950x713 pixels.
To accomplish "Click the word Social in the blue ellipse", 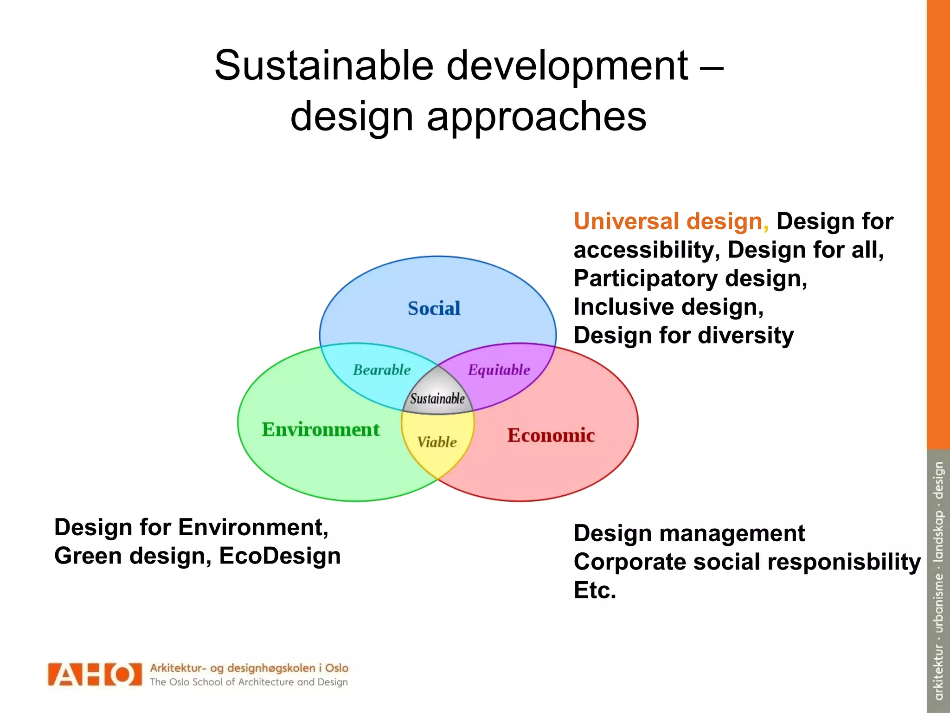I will click(434, 309).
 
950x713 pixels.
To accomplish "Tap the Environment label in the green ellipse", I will click(321, 429).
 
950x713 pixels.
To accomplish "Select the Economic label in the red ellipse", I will click(551, 435).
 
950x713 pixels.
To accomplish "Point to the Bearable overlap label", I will click(381, 370).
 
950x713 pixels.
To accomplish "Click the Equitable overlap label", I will click(499, 370).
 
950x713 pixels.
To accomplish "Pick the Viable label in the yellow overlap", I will click(436, 442).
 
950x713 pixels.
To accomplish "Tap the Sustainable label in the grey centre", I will click(437, 399).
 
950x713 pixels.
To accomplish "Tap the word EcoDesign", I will click(280, 556).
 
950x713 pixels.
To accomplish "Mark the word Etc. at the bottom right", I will click(595, 590).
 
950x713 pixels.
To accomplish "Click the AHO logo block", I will click(95, 674).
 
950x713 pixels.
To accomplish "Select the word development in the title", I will click(567, 66).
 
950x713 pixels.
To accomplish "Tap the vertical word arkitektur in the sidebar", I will click(938, 672).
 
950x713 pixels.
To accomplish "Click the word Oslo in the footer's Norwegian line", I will click(336, 668).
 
